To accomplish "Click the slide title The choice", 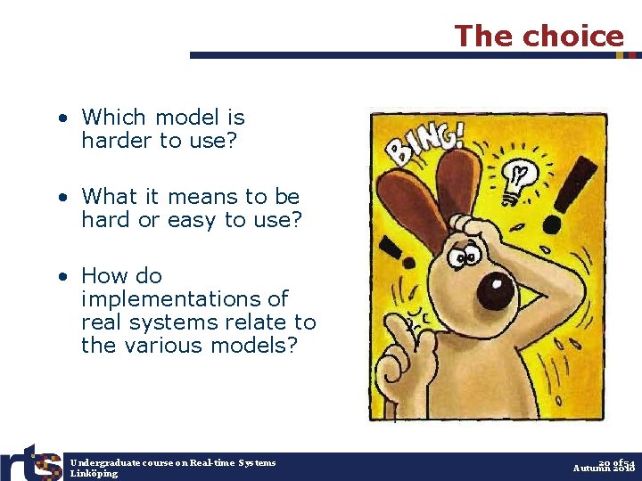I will (539, 36).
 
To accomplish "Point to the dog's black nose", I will (496, 290).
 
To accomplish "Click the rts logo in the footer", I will (32, 463).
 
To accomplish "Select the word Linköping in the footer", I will (94, 473).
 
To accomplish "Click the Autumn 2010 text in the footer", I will (604, 469).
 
